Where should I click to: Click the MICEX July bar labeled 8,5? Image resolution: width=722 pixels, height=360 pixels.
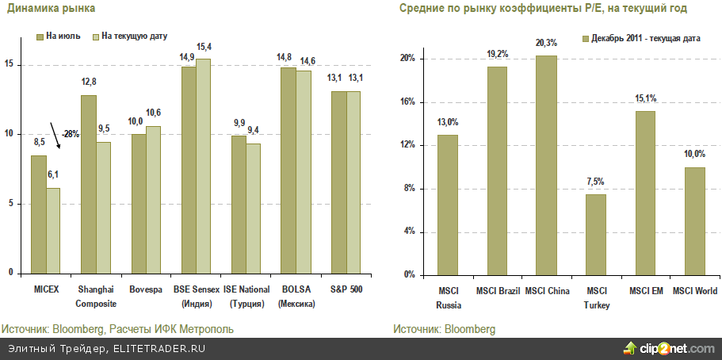tap(38, 214)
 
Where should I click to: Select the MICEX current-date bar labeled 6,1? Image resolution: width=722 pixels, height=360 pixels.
tap(53, 231)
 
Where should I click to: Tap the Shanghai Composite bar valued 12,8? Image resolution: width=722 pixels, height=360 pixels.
tap(88, 184)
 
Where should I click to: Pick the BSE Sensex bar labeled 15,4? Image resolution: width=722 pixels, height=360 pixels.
tap(204, 166)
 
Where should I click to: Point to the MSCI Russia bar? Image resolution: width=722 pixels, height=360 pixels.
tap(448, 205)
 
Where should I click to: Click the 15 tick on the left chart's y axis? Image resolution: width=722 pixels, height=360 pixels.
tap(9, 65)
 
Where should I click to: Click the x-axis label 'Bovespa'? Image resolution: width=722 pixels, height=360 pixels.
tap(145, 289)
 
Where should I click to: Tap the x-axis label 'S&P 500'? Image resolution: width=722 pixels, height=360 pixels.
tap(346, 289)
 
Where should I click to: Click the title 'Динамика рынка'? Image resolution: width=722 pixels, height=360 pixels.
tap(40, 9)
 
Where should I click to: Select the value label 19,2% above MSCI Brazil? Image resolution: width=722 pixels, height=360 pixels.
tap(498, 55)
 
